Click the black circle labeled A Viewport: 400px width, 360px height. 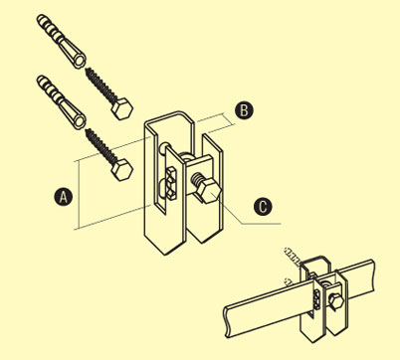pyautogui.click(x=63, y=197)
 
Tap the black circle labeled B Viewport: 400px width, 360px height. pyautogui.click(x=244, y=110)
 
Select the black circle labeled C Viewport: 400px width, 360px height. pyautogui.click(x=263, y=207)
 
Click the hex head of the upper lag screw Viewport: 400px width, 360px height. pyautogui.click(x=122, y=108)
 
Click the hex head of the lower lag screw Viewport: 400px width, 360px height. pyautogui.click(x=122, y=170)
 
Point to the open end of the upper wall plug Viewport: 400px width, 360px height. pyautogui.click(x=80, y=62)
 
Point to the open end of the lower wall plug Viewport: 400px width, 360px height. pyautogui.click(x=80, y=122)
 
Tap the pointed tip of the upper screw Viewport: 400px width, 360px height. pyautogui.click(x=87, y=70)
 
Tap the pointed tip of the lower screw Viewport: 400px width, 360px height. pyautogui.click(x=87, y=131)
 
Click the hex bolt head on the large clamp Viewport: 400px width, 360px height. pyautogui.click(x=209, y=192)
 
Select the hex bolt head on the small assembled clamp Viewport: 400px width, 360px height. pyautogui.click(x=335, y=302)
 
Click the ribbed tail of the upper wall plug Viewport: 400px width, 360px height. pyautogui.click(x=48, y=26)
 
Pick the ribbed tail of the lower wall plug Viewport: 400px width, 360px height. pyautogui.click(x=48, y=88)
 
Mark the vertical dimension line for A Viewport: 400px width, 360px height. pyautogui.click(x=79, y=195)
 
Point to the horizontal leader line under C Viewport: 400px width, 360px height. pyautogui.click(x=262, y=224)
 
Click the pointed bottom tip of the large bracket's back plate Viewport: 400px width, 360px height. pyautogui.click(x=165, y=254)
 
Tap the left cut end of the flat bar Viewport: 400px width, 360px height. pyautogui.click(x=227, y=321)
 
